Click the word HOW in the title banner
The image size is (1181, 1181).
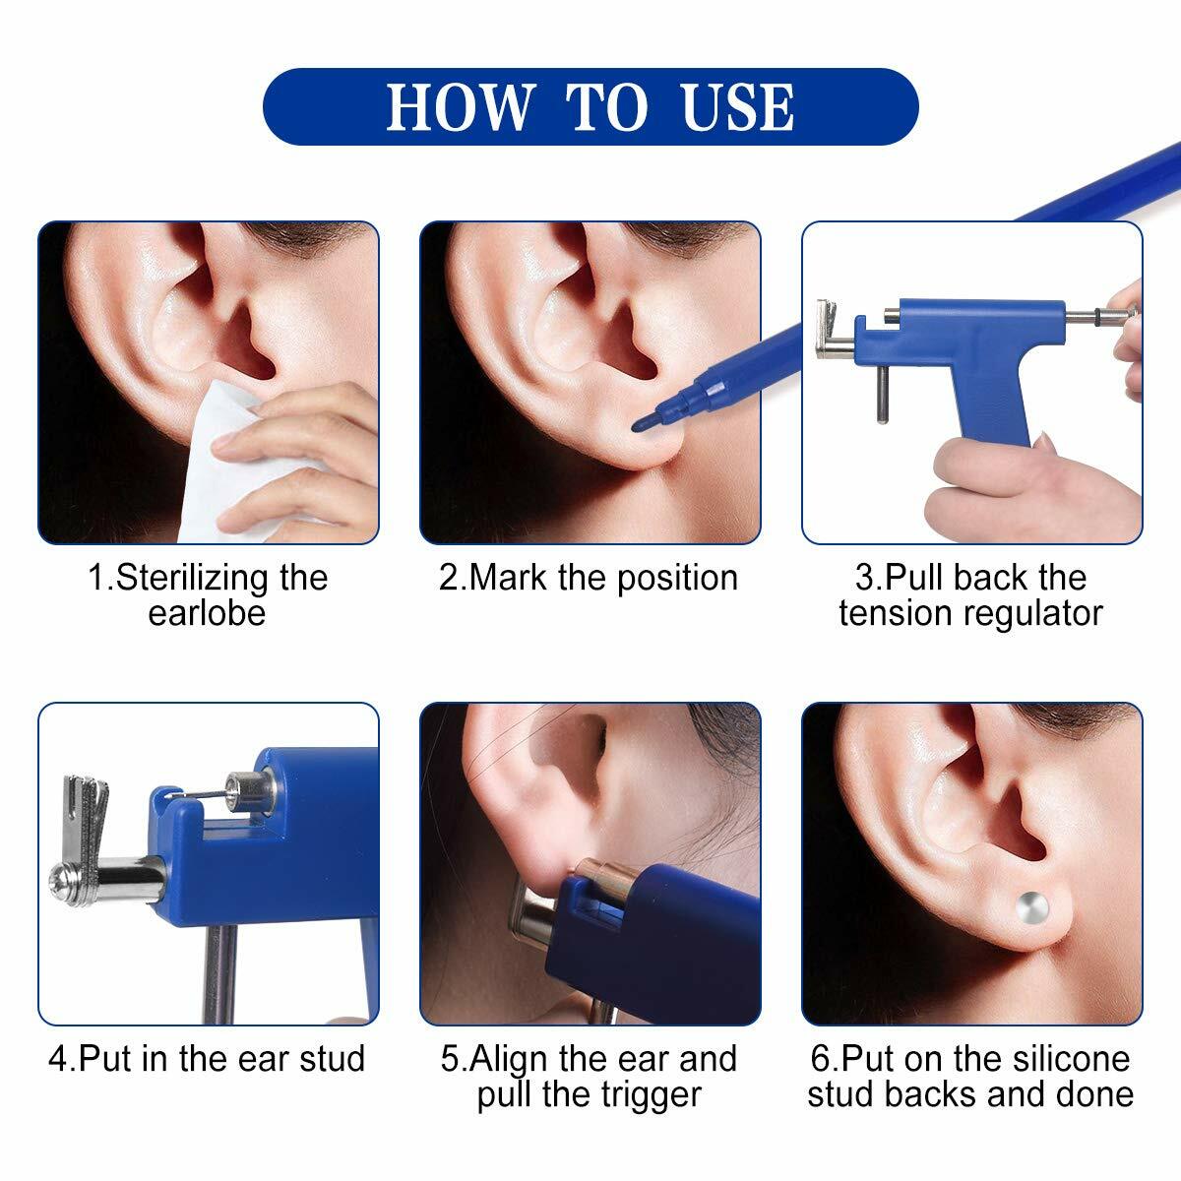click(461, 107)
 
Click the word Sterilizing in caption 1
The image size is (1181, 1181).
click(193, 578)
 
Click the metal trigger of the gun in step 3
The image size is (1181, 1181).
click(882, 393)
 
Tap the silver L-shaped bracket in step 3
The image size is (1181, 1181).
click(830, 330)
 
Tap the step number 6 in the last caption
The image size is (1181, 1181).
click(820, 1059)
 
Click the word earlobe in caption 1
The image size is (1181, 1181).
click(207, 613)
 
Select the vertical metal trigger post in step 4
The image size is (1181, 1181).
click(221, 969)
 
